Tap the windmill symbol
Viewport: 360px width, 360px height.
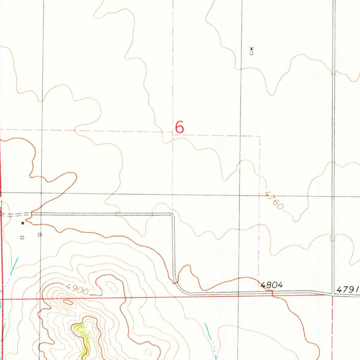point(251,51)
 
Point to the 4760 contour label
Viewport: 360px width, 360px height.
point(274,200)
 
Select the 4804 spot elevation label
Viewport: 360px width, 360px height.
point(271,285)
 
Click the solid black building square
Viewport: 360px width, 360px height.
point(22,223)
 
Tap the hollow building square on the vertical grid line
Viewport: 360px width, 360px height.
point(40,234)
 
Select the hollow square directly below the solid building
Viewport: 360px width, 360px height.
point(22,238)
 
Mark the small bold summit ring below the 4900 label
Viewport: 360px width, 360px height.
point(68,301)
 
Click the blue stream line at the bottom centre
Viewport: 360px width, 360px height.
point(210,336)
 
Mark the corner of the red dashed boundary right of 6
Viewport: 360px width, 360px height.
point(259,136)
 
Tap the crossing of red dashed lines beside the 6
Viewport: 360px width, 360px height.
point(173,133)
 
